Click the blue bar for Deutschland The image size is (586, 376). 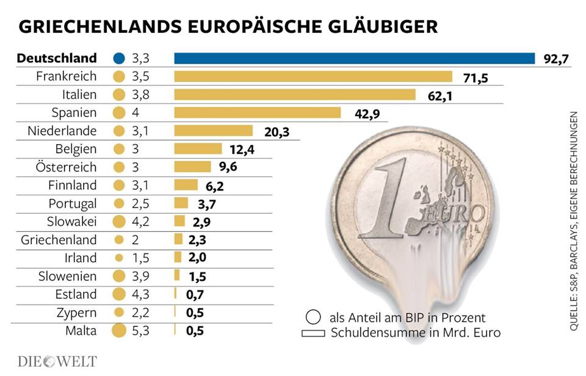[354, 58]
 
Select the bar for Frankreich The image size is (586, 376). [313, 76]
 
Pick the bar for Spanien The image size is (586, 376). [257, 112]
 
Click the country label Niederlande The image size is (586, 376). [62, 131]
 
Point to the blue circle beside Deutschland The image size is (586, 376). [119, 59]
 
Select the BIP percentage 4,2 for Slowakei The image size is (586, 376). [141, 222]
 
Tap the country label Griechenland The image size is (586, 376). [59, 240]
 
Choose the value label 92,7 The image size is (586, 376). [555, 59]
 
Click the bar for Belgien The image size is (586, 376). [198, 149]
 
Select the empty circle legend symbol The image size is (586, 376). [313, 318]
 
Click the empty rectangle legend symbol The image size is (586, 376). [313, 333]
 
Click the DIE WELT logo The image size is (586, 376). [57, 361]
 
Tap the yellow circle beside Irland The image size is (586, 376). [119, 258]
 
